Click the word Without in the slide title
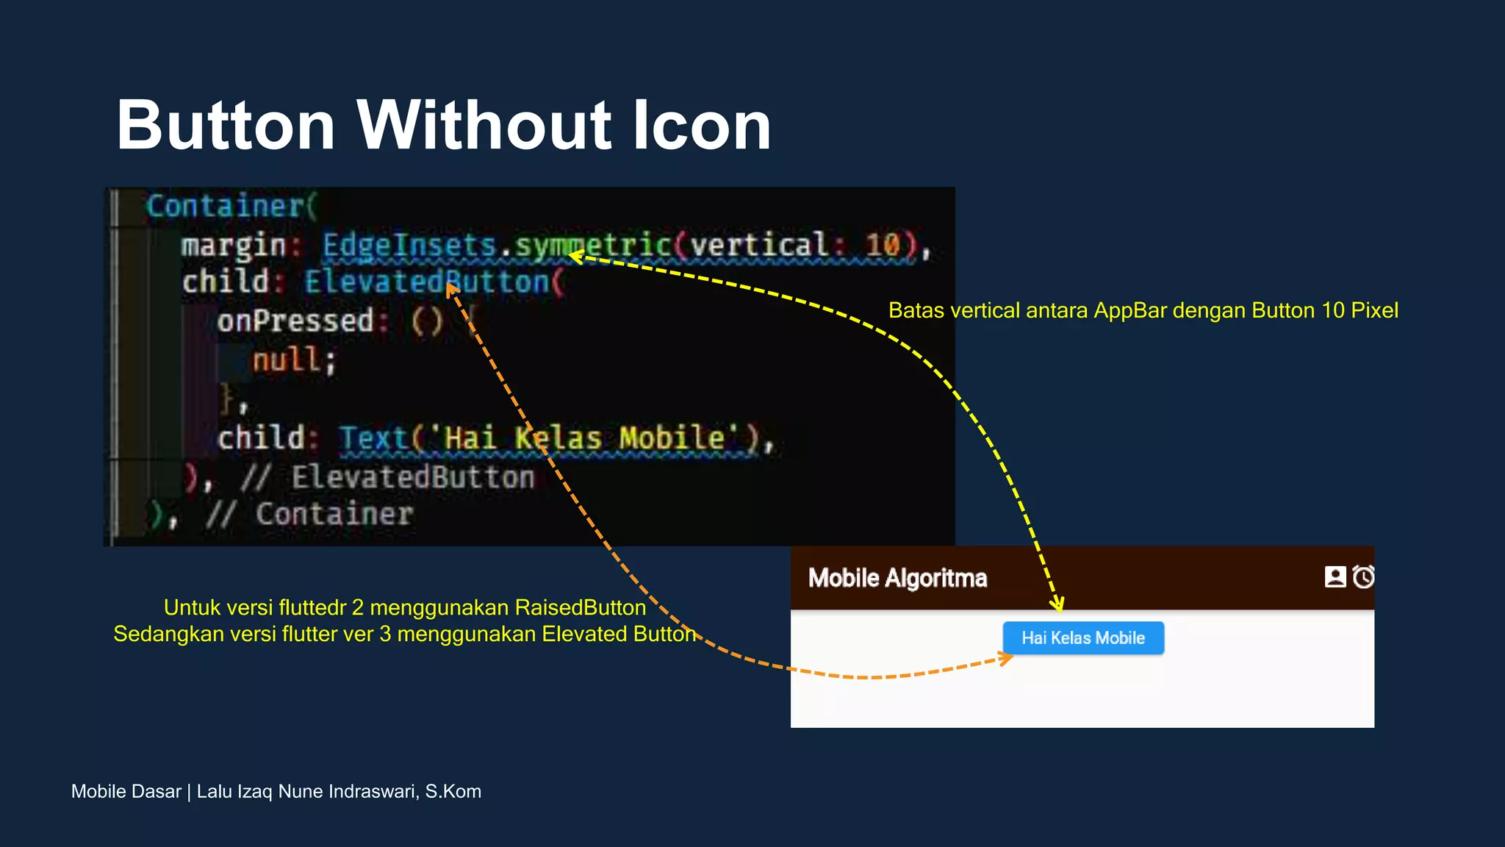pos(484,126)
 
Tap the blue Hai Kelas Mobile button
pos(1082,637)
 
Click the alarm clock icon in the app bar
pos(1364,576)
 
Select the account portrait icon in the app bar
pos(1335,576)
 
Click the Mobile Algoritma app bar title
pos(897,578)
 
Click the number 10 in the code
pos(882,245)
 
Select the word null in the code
pos(287,360)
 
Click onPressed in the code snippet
pos(295,321)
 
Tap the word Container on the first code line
pos(225,206)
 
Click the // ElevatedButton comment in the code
pos(387,478)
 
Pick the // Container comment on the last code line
pos(309,515)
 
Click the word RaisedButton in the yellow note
pos(580,607)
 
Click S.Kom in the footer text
pos(453,791)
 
